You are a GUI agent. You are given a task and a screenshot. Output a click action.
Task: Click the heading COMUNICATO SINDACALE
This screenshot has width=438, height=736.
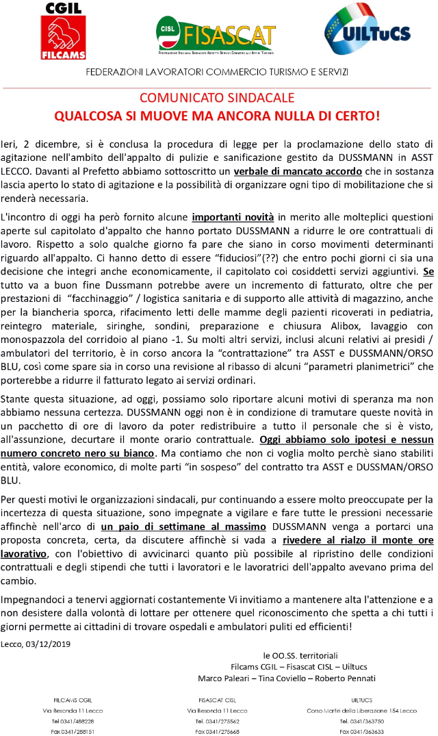click(x=218, y=97)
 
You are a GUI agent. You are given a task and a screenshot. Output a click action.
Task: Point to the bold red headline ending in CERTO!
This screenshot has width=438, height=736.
click(x=218, y=115)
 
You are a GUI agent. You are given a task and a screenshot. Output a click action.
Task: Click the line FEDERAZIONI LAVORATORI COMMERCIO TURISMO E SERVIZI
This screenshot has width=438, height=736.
click(x=217, y=72)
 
